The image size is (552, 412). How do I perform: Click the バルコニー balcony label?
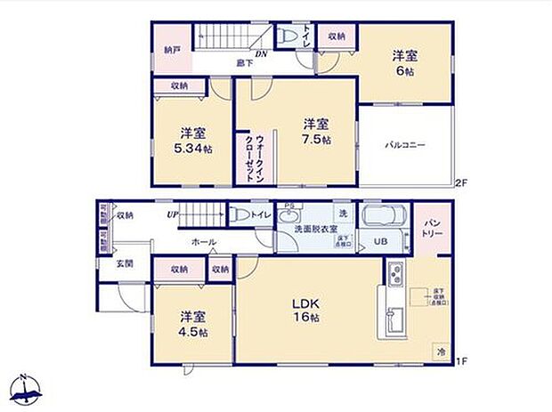406,144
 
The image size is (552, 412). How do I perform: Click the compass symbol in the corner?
27,388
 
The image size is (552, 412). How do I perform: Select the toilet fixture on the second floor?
287,36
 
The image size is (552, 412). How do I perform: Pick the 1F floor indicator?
460,360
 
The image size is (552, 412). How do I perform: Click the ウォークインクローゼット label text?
254,158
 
